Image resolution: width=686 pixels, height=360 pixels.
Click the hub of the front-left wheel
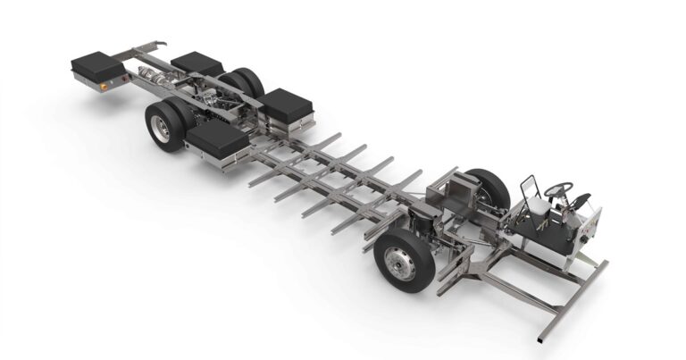click(x=394, y=264)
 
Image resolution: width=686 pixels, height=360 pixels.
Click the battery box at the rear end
click(x=98, y=66)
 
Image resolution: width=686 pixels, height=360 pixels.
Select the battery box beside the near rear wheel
click(x=218, y=138)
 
